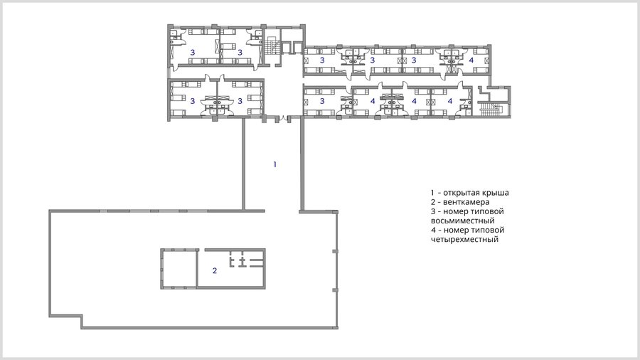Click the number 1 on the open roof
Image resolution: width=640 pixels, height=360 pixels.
(274, 164)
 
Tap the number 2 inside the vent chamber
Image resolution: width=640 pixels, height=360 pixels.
(215, 270)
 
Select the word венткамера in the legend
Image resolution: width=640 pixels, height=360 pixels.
(466, 202)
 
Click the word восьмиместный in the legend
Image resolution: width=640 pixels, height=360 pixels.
(463, 221)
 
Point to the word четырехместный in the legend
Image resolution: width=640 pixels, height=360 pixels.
(464, 239)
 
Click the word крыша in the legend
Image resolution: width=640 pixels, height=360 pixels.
(496, 193)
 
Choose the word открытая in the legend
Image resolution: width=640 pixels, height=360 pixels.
(462, 193)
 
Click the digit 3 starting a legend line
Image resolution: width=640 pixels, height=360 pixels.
(433, 211)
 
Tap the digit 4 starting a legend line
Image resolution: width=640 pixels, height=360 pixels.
(434, 230)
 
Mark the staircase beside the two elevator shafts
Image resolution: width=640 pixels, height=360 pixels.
(271, 46)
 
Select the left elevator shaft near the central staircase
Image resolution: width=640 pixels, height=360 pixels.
(287, 48)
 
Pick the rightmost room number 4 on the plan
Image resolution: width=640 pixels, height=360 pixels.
(471, 60)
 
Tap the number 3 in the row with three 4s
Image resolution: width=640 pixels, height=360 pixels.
(322, 101)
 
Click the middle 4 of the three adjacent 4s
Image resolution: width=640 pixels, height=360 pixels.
(414, 101)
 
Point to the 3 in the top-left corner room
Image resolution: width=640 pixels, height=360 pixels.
(193, 52)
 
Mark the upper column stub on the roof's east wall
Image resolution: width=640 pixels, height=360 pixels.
(335, 251)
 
